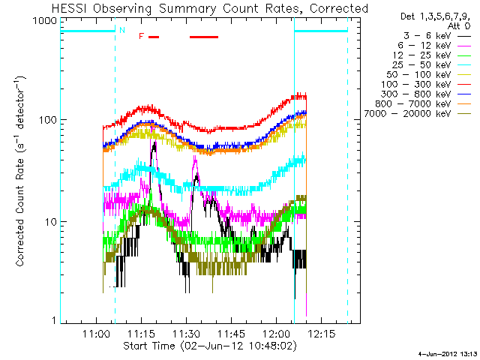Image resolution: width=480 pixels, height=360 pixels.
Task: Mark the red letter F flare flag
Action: coord(140,36)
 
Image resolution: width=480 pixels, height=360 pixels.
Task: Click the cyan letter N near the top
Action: coord(121,30)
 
